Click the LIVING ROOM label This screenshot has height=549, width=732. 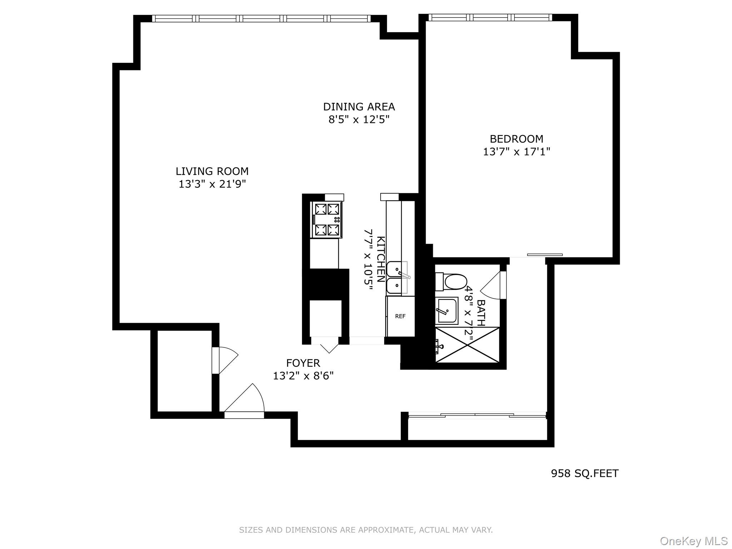(x=212, y=171)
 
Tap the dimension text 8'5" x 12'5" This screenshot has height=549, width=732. (x=358, y=119)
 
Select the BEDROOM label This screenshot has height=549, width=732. (x=516, y=139)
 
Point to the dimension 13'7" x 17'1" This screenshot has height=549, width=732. (x=516, y=152)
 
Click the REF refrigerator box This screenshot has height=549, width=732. (x=400, y=316)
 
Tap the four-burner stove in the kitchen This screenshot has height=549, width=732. (x=327, y=219)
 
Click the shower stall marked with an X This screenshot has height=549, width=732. (x=467, y=345)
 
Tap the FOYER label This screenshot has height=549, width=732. (x=303, y=363)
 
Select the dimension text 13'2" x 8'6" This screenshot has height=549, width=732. (x=303, y=376)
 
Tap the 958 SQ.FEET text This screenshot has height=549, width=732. (x=584, y=474)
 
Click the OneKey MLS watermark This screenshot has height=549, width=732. (x=693, y=541)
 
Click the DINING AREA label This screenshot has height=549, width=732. (x=358, y=107)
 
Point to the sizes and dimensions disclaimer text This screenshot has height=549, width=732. (x=366, y=530)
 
